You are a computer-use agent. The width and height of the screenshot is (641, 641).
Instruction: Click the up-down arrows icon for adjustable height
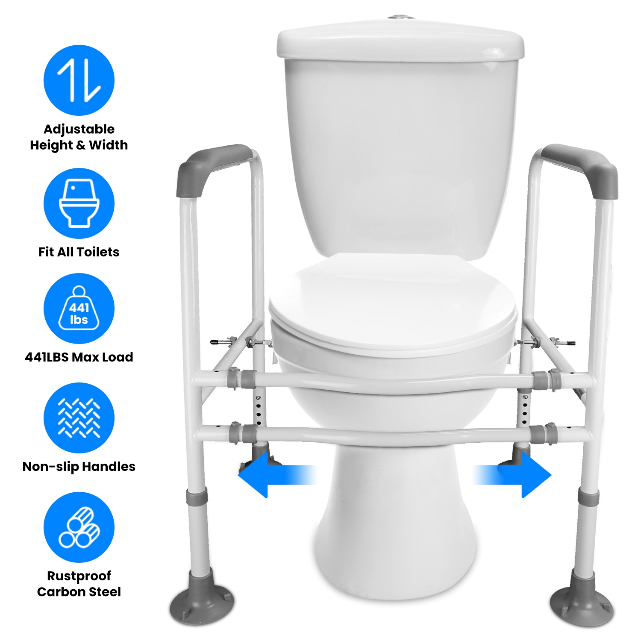click(79, 80)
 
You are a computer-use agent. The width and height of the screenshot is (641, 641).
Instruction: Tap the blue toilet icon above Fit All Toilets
click(79, 203)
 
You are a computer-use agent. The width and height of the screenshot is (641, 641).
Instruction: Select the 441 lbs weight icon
click(79, 309)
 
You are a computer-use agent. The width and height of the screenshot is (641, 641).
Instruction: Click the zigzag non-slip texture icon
click(79, 418)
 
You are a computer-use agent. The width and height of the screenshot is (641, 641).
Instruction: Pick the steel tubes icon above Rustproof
click(79, 527)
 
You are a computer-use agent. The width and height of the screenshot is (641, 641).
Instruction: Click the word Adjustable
click(79, 129)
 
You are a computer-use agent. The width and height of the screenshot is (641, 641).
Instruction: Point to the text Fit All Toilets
click(79, 252)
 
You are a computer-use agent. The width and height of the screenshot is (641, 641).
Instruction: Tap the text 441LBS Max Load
click(79, 357)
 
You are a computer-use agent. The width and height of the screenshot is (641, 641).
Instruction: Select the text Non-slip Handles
click(79, 467)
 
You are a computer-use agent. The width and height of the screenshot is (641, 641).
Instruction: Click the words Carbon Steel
click(79, 592)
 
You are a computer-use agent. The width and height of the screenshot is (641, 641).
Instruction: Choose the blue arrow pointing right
click(512, 475)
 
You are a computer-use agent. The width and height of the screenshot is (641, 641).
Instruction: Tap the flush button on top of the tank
click(401, 18)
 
